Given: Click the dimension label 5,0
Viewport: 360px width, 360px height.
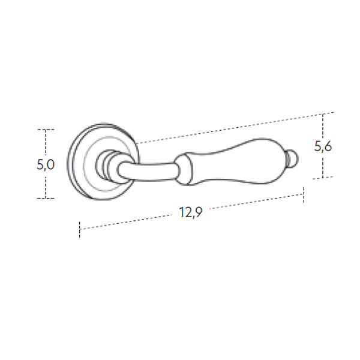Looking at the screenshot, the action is [x=46, y=165].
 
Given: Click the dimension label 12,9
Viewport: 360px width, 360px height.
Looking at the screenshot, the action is [x=191, y=212].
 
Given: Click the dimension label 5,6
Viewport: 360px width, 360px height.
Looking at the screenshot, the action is [x=323, y=146].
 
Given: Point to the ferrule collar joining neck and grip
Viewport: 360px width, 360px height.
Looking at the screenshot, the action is [x=183, y=169].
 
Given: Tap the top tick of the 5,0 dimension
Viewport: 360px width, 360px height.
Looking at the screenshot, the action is [x=46, y=130].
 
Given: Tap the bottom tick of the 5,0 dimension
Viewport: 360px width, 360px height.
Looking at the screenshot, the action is [x=46, y=198].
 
